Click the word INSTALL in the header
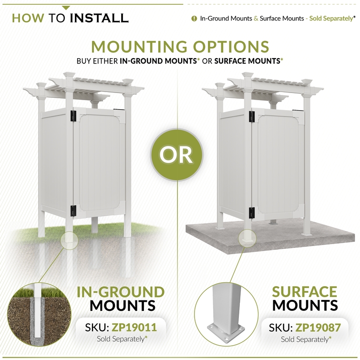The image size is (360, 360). [x=99, y=18]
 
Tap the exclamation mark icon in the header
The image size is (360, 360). [x=194, y=19]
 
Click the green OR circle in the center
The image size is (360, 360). [x=177, y=154]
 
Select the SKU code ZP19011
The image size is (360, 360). [x=134, y=328]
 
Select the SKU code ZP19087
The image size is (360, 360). [x=318, y=328]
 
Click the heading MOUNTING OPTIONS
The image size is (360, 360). [x=180, y=47]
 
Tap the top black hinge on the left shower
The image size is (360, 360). [x=73, y=116]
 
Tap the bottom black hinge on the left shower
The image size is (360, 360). [x=73, y=211]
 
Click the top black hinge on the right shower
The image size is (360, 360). [x=252, y=117]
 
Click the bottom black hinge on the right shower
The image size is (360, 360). [x=252, y=213]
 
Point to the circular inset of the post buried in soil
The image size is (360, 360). [x=39, y=315]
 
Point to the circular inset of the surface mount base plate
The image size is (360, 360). [x=226, y=315]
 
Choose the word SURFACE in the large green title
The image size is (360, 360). [x=304, y=292]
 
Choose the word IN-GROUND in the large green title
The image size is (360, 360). [x=121, y=292]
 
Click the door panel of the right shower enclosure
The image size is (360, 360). [x=278, y=164]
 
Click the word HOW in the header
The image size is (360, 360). [x=28, y=18]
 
